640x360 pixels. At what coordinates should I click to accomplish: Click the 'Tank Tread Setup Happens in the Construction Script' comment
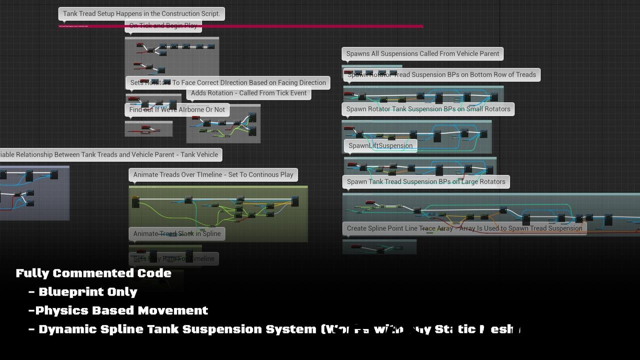pos(141,13)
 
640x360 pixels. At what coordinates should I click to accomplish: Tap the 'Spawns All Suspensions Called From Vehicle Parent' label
pos(422,53)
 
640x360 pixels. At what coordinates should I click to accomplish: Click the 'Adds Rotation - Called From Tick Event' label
pos(248,93)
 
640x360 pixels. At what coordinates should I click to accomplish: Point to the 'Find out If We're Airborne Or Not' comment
pos(177,109)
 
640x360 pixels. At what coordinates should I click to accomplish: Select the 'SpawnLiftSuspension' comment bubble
pos(380,145)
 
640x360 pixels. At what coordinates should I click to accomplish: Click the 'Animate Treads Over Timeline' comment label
pos(213,174)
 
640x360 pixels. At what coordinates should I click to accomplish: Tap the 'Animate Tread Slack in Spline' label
pos(176,233)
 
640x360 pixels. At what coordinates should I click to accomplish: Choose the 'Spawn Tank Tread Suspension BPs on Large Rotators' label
pos(426,181)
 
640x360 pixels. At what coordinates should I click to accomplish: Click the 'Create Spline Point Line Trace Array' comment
pos(464,228)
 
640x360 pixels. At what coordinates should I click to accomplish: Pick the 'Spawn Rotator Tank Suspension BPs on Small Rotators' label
pos(428,108)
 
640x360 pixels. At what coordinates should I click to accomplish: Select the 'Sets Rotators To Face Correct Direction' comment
pos(228,82)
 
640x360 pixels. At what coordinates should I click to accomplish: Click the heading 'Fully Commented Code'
pos(93,273)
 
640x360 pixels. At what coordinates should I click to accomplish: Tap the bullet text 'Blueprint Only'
pos(87,291)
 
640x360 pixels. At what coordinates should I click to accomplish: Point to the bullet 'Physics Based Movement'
pos(121,310)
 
